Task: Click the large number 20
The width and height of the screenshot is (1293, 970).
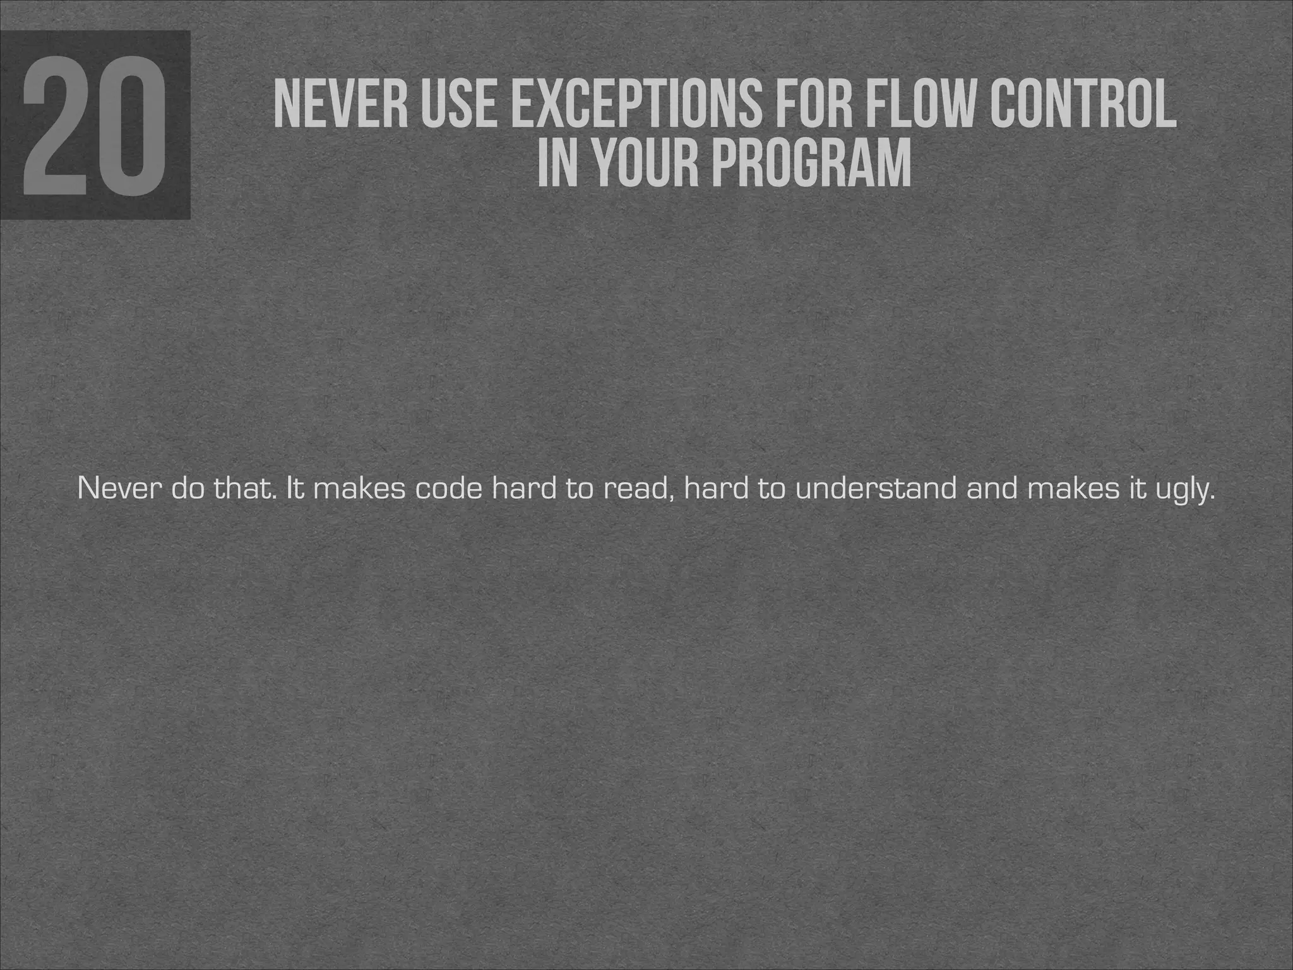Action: click(x=95, y=125)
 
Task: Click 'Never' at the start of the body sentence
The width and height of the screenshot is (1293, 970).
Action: click(x=118, y=489)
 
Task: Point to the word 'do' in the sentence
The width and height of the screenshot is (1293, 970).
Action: click(x=188, y=489)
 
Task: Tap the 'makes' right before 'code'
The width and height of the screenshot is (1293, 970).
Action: click(x=359, y=489)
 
